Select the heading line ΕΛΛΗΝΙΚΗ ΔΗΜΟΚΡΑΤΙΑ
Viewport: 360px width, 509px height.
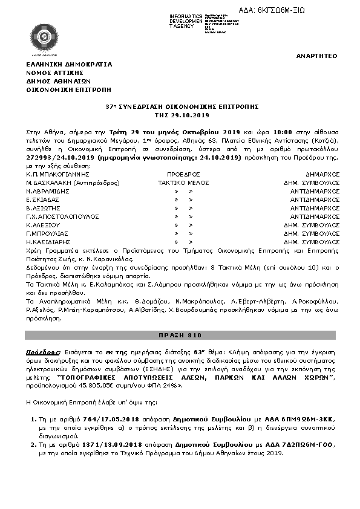pyautogui.click(x=69, y=64)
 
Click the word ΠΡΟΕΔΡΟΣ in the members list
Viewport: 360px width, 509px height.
pyautogui.click(x=182, y=173)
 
